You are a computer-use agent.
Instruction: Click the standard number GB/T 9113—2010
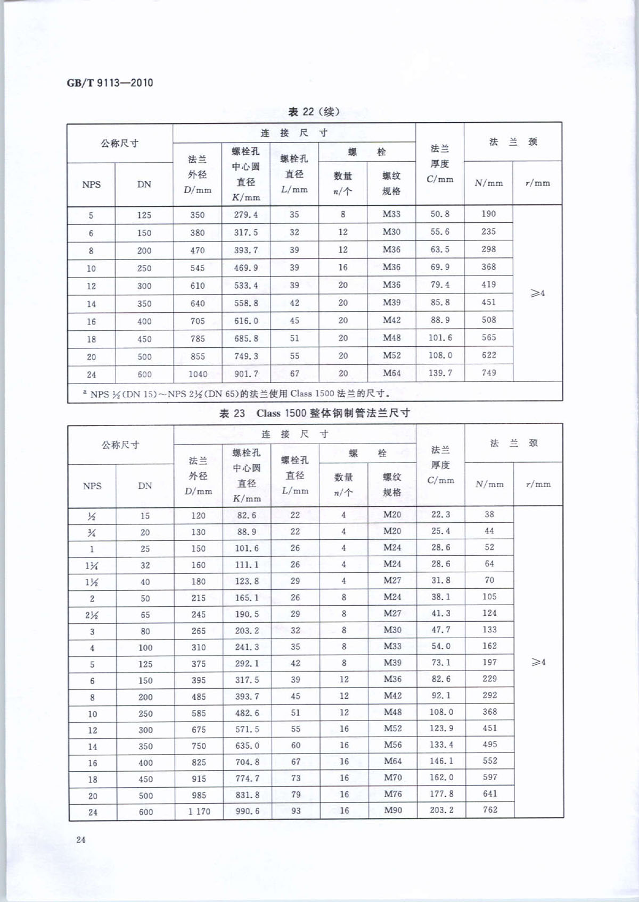[x=110, y=83]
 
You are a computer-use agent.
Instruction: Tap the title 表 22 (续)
[x=313, y=112]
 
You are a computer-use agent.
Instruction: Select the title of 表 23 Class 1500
[x=314, y=413]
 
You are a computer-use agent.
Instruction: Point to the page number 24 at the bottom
[x=81, y=840]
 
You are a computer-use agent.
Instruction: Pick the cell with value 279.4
[x=245, y=215]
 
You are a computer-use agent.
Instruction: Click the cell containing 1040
[x=198, y=374]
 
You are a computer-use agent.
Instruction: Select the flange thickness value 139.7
[x=440, y=373]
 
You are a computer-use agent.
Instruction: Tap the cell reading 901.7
[x=246, y=374]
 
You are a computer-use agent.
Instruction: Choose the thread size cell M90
[x=392, y=811]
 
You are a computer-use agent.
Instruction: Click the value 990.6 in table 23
[x=247, y=811]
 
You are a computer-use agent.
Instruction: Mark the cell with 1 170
[x=199, y=812]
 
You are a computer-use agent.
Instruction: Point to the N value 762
[x=489, y=810]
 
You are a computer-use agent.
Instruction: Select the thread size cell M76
[x=392, y=794]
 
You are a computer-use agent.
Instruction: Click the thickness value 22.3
[x=440, y=514]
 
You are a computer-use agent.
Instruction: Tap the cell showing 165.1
[x=247, y=598]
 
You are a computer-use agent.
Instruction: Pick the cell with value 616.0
[x=246, y=321]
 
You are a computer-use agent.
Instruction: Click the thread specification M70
[x=392, y=778]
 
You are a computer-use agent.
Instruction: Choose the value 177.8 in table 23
[x=441, y=794]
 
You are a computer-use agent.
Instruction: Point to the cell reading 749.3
[x=246, y=356]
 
